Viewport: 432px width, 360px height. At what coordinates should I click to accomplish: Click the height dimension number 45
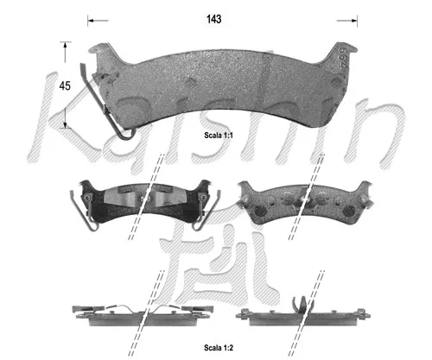click(x=63, y=85)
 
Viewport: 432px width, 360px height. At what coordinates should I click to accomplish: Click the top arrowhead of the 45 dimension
click(x=64, y=43)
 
